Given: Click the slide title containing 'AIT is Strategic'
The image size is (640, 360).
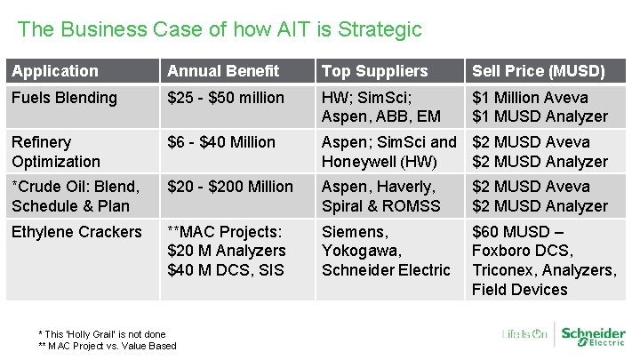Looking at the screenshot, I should coord(220,29).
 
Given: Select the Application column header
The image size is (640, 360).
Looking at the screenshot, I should coord(55,71).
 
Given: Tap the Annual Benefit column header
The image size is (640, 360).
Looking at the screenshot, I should coord(223,71).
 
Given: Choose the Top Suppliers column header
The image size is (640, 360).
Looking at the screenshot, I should coord(374,71).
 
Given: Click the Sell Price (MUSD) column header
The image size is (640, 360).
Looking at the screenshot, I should coord(538,71).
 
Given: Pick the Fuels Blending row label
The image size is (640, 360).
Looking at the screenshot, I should coord(64,98).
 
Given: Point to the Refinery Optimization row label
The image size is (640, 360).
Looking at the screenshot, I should coord(55,151).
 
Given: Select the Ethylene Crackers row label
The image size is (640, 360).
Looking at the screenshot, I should coord(76,232).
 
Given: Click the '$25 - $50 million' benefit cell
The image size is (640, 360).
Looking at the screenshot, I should coord(226,98).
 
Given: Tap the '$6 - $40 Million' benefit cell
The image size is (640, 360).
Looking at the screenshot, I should coord(221,142).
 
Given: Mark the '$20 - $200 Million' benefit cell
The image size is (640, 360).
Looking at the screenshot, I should coord(230,187).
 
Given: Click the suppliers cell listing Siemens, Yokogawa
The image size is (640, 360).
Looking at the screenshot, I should coord(386,251).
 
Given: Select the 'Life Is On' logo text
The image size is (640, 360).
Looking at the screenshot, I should coord(524,335).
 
